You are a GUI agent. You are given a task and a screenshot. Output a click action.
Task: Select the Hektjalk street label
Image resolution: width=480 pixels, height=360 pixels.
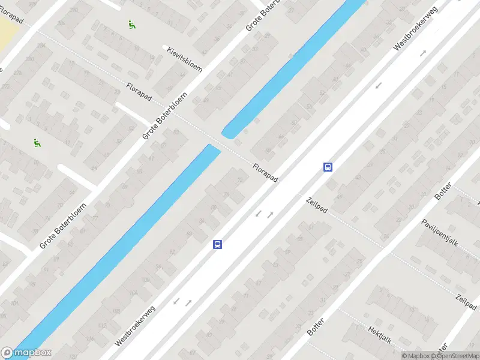click(380, 335)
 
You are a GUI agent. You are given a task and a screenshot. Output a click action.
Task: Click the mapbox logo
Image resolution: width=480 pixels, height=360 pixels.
click(26, 353)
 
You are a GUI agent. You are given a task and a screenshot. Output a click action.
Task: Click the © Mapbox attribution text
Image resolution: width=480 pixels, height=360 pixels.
click(416, 356)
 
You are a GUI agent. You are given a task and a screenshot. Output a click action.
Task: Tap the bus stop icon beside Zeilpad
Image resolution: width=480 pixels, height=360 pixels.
click(328, 167)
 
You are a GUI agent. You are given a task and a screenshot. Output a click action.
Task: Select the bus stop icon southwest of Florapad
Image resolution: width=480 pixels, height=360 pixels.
click(217, 244)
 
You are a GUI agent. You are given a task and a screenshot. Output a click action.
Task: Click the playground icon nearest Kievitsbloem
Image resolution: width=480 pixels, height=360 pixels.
click(131, 25)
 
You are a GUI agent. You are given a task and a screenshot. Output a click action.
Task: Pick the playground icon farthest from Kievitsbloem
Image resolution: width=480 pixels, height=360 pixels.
click(37, 143)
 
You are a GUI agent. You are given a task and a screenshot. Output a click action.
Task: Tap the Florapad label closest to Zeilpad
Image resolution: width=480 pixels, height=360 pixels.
click(265, 174)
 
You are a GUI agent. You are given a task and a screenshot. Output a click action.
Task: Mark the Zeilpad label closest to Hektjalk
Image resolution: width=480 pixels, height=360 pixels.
click(466, 306)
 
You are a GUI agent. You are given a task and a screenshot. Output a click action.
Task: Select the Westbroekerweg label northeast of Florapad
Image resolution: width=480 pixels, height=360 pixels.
click(416, 28)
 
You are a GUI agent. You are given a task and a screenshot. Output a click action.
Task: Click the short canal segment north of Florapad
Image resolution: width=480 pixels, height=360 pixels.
click(294, 66)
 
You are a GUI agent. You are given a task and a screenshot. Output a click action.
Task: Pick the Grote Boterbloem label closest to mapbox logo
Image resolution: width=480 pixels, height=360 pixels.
click(63, 226)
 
